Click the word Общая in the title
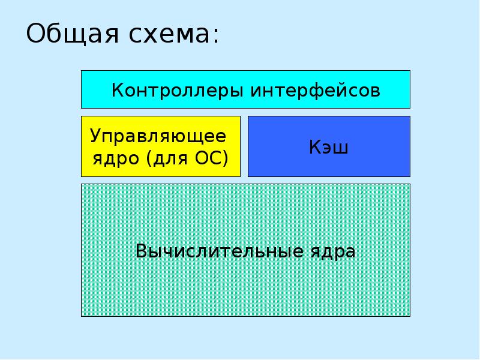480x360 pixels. click(72, 34)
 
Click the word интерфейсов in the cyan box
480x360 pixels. click(316, 91)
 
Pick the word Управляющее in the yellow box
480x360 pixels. click(158, 136)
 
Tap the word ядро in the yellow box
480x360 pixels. click(116, 159)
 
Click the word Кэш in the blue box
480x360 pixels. click(328, 147)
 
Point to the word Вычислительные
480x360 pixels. click(220, 251)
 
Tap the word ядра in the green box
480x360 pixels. click(333, 253)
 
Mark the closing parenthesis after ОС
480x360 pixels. click(226, 158)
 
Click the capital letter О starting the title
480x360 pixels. click(35, 34)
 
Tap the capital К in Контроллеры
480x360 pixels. click(118, 91)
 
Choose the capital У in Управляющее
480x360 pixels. click(96, 136)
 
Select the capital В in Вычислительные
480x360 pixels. click(141, 251)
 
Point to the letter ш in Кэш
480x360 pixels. click(341, 148)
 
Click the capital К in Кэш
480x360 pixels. click(315, 147)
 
